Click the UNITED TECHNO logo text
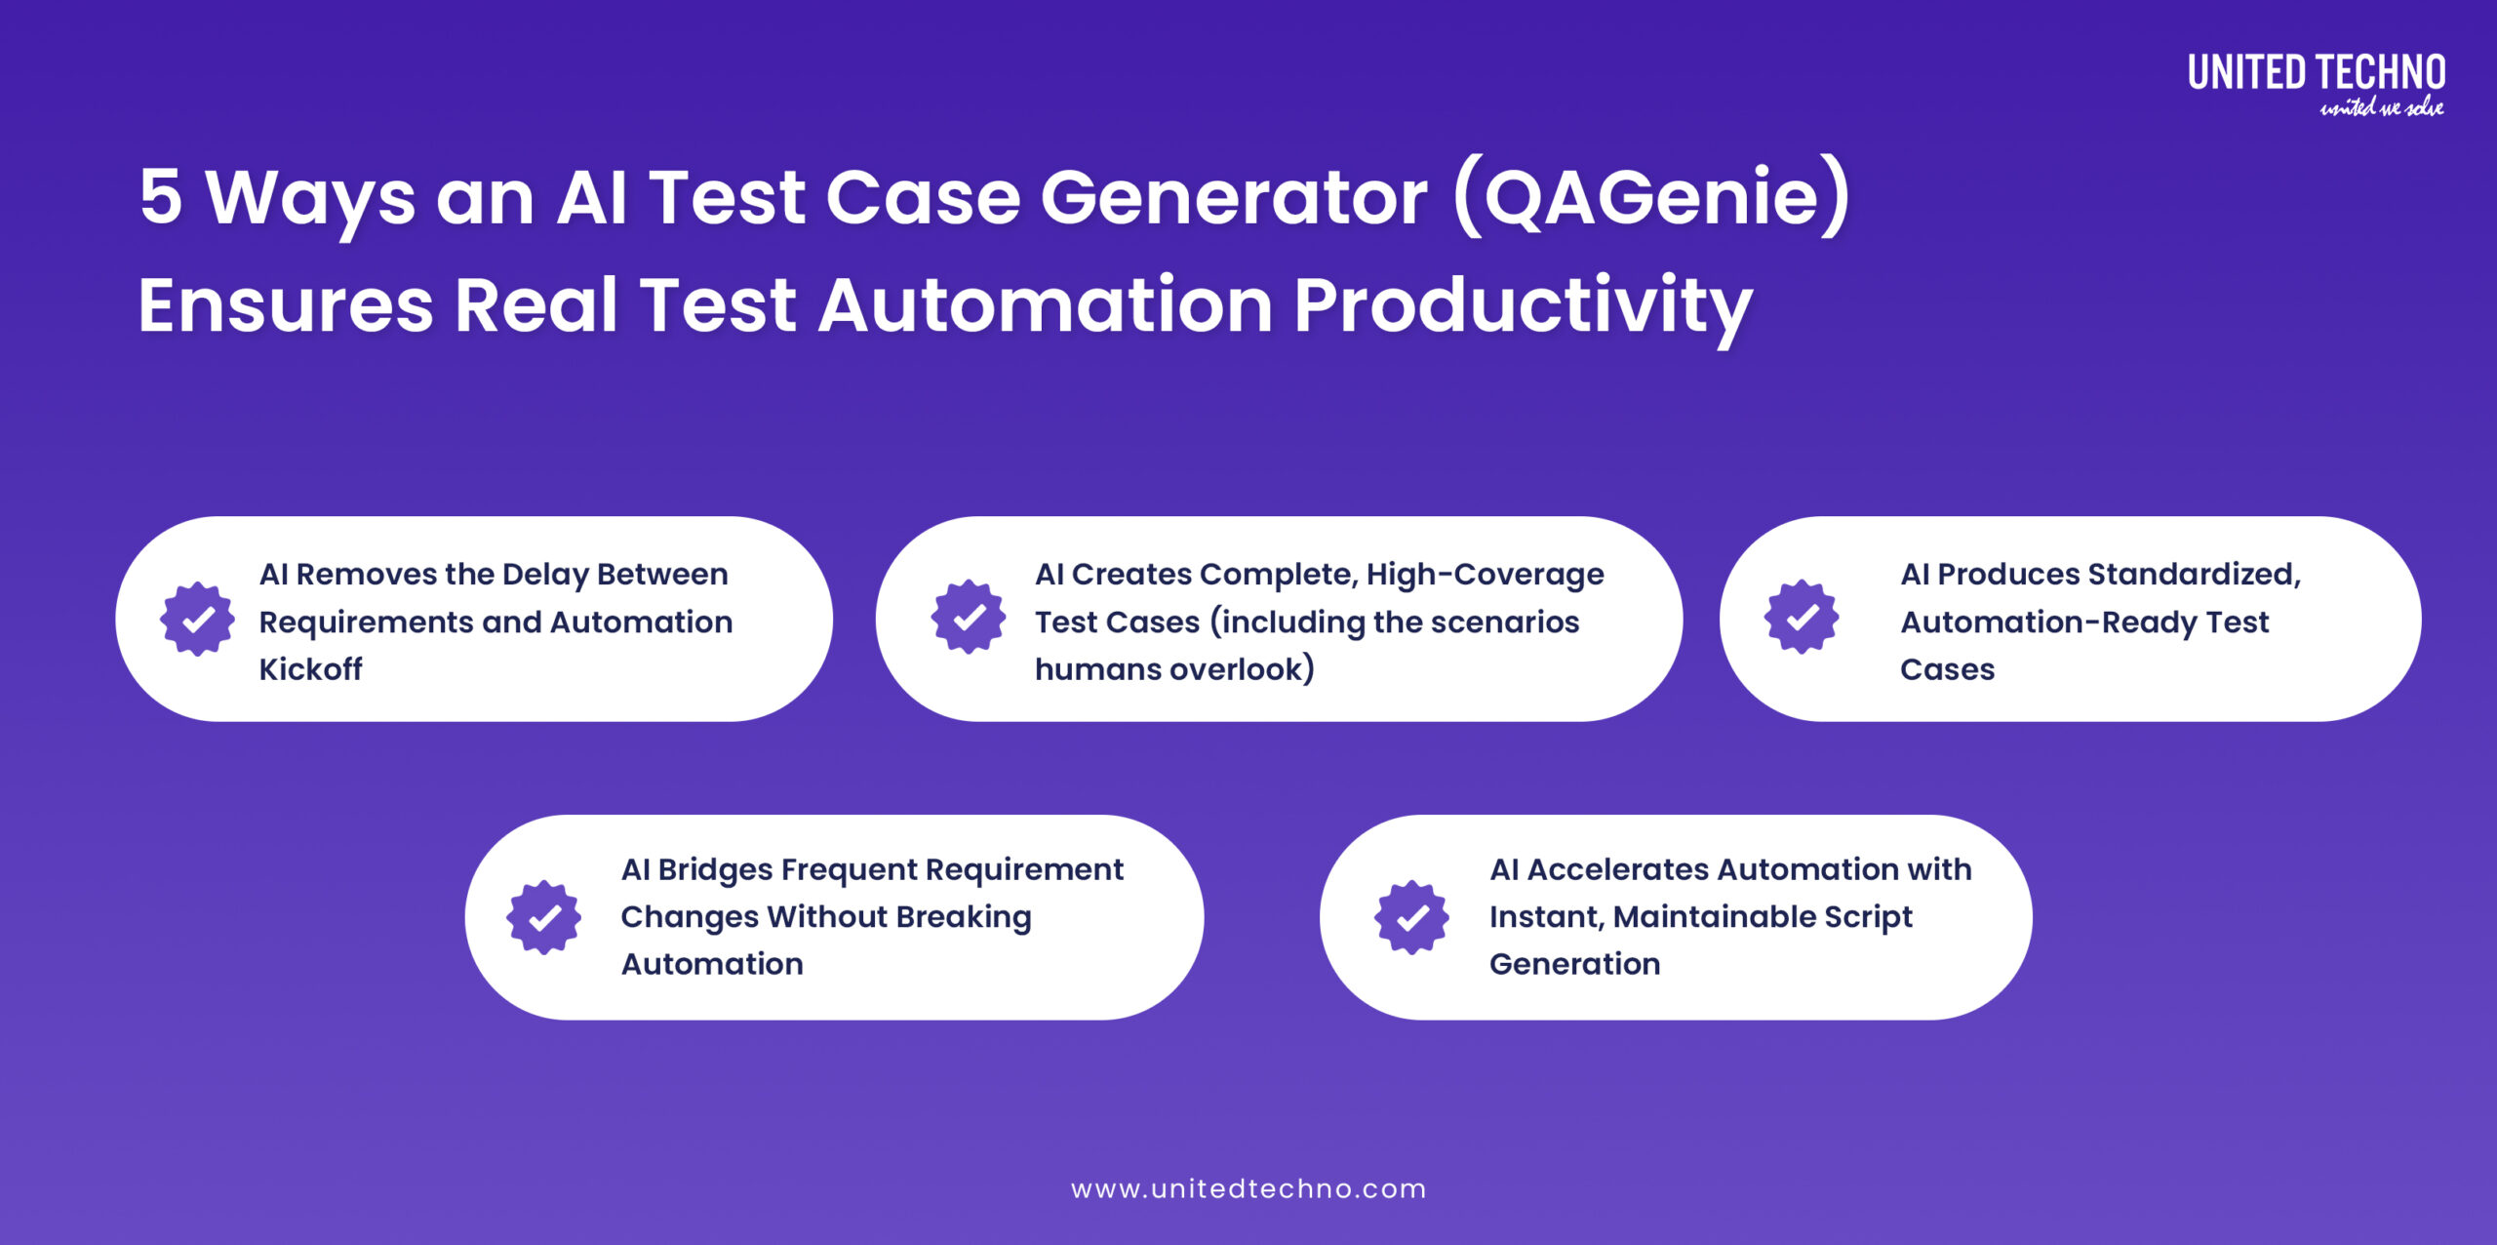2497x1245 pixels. pos(2316,73)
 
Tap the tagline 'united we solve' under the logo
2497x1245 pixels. pos(2381,108)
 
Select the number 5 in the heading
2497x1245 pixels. pos(161,197)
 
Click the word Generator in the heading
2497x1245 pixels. pos(1234,197)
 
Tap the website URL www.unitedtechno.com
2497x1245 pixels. pos(1248,1188)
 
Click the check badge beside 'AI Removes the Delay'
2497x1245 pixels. pos(198,620)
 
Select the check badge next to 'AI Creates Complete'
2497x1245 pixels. pos(969,618)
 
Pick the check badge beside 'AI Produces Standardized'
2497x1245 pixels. pos(1802,618)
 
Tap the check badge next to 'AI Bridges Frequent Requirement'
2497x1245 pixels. pos(544,917)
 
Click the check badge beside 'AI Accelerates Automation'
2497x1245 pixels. pos(1411,917)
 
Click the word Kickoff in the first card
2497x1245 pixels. pos(310,669)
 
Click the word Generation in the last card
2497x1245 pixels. pos(1574,964)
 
